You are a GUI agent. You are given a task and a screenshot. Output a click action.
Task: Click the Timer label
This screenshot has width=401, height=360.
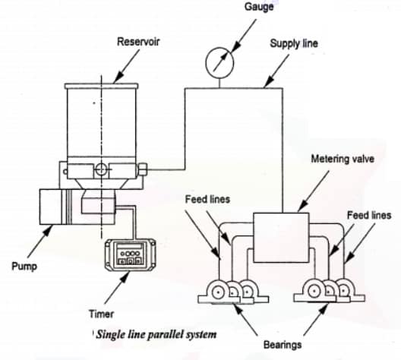pos(96,312)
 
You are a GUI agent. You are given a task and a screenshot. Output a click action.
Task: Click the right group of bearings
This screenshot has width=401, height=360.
pos(327,293)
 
